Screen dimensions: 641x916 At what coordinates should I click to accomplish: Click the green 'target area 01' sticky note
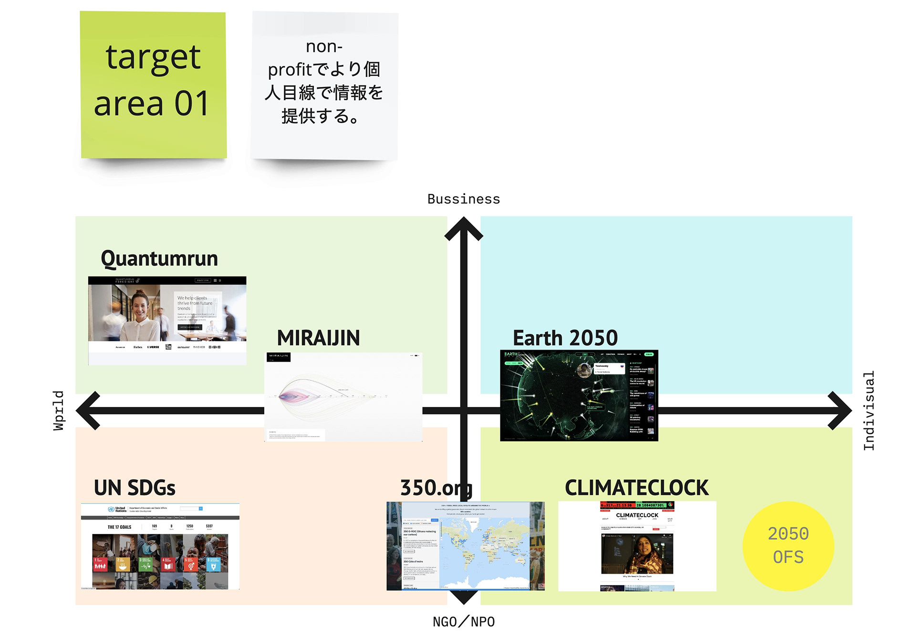153,85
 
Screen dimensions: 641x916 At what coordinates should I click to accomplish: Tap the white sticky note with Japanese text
324,85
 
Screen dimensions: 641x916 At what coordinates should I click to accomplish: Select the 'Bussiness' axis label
463,199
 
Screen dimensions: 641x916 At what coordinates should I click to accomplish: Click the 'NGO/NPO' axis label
463,621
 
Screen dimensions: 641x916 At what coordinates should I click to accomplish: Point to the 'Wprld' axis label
58,410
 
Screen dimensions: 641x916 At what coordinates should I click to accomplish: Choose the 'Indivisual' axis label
869,410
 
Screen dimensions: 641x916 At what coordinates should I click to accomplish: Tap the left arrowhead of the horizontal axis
88,410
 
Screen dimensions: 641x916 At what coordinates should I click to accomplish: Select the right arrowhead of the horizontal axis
840,410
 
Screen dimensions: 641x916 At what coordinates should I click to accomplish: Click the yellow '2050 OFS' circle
788,545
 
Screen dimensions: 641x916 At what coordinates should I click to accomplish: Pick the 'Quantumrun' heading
159,258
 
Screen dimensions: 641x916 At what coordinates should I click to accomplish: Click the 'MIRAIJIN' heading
318,338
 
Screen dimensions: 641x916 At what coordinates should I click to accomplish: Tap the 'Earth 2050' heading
565,338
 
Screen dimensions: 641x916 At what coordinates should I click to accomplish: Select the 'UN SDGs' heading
135,488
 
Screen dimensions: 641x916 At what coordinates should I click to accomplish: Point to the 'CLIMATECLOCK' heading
636,488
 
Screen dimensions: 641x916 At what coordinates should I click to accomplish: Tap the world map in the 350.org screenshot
484,549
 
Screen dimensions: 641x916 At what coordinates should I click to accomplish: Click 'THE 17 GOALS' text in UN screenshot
119,527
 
